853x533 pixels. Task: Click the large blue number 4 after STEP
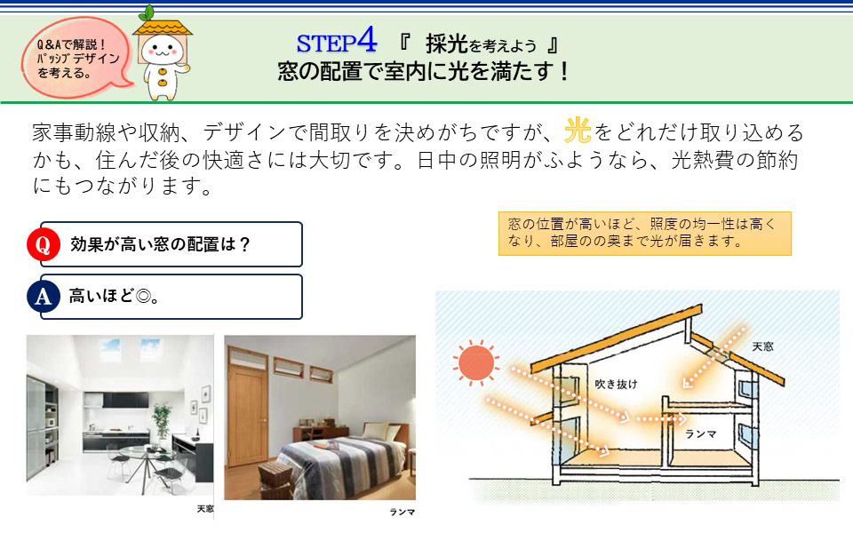[x=367, y=39]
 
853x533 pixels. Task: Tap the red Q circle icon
[x=43, y=244]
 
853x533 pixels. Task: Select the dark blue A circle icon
[x=43, y=296]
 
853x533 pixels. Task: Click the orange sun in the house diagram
[x=476, y=363]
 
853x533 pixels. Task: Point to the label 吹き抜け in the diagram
[x=616, y=384]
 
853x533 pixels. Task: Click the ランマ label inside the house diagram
[x=701, y=434]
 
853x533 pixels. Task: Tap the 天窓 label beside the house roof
[x=762, y=346]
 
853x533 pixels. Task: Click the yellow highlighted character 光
[x=578, y=131]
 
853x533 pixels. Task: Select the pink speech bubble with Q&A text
[x=76, y=58]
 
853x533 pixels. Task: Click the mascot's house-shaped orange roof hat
[x=162, y=28]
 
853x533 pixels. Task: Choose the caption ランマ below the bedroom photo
[x=402, y=512]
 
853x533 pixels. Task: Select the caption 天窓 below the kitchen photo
[x=205, y=508]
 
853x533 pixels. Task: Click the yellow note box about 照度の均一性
[x=645, y=234]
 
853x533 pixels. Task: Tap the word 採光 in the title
[x=447, y=44]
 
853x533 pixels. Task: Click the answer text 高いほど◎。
[x=115, y=296]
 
